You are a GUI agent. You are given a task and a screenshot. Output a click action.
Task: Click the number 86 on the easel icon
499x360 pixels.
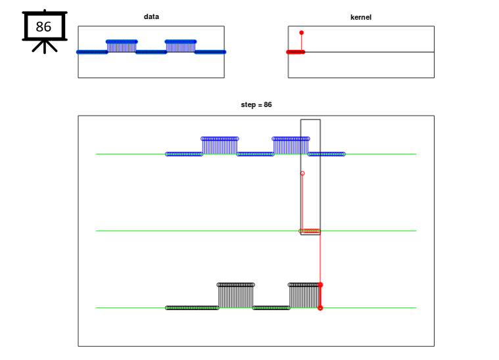[43, 27]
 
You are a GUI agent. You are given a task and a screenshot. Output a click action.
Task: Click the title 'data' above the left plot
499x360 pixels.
[151, 16]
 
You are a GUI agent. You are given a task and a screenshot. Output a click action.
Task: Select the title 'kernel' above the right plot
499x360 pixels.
[360, 16]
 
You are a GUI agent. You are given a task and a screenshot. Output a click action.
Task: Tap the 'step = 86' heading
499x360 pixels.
[256, 104]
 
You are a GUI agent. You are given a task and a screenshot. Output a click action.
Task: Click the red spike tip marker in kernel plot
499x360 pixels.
[301, 32]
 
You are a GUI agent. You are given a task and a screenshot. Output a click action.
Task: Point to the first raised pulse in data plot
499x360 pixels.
[122, 45]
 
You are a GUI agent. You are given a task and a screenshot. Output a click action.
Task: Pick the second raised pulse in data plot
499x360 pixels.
[180, 45]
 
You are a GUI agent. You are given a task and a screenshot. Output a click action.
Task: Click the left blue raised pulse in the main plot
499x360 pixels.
[220, 145]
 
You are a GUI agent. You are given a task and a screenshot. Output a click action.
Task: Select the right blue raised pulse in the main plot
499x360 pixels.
[291, 145]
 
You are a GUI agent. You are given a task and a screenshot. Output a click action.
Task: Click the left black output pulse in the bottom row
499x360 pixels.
[235, 295]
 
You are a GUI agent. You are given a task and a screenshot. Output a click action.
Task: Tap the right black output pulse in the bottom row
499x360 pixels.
[303, 295]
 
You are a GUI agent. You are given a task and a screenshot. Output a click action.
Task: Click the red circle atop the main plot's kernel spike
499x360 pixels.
[302, 173]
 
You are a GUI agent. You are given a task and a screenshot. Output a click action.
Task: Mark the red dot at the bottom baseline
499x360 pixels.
[320, 307]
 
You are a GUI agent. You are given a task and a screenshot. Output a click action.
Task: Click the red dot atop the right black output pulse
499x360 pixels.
[320, 284]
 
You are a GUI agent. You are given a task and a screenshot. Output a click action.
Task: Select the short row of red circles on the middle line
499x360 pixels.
[311, 231]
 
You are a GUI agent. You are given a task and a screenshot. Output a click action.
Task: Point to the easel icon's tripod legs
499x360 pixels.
[44, 47]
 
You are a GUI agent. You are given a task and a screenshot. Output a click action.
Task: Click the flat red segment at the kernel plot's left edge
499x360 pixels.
[295, 52]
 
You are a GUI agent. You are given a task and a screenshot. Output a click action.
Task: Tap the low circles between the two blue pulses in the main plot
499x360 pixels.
[255, 154]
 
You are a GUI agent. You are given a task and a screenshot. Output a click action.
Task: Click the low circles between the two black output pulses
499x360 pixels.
[271, 307]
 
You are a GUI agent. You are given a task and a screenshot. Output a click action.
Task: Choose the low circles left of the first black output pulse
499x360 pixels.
[192, 307]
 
